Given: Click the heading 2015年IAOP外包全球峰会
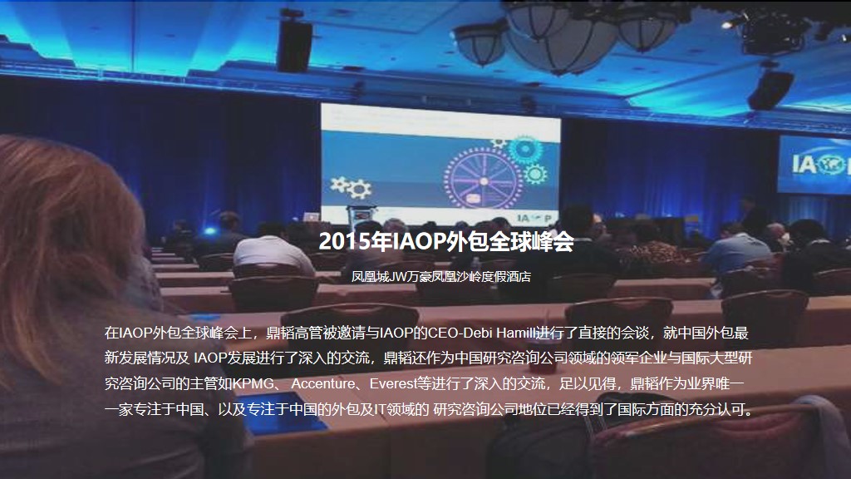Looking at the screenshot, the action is pyautogui.click(x=446, y=241).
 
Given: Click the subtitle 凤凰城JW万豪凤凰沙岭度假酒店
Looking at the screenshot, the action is pyautogui.click(x=440, y=276).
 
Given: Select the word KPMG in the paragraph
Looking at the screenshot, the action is pyautogui.click(x=253, y=383).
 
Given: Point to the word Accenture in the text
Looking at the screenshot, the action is pyautogui.click(x=323, y=383).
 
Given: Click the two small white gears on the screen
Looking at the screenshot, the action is pyautogui.click(x=352, y=186).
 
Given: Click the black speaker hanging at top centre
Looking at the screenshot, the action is pyautogui.click(x=294, y=46).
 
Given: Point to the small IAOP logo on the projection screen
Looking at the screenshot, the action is pyautogui.click(x=534, y=218).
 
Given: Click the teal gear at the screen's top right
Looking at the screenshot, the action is pyautogui.click(x=524, y=148).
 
